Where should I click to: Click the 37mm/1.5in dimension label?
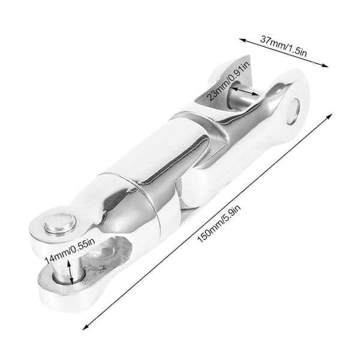point(283,46)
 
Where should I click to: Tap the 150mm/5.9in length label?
point(219,224)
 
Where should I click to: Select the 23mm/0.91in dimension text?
point(228,81)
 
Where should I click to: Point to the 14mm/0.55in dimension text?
point(69,251)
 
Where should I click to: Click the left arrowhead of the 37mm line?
point(242,40)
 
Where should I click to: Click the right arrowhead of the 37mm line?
point(325,65)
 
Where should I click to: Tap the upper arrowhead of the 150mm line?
point(329,116)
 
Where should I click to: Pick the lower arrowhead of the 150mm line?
point(85,328)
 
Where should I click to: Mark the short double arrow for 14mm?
point(70,272)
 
